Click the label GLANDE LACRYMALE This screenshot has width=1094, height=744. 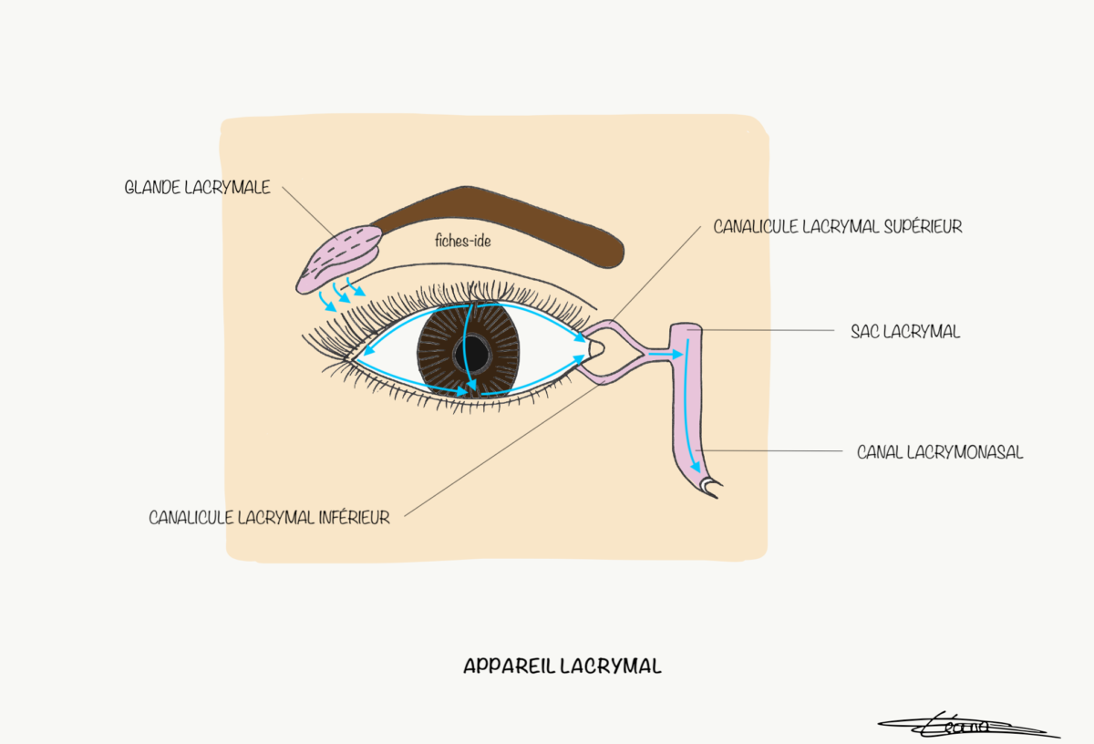click(197, 189)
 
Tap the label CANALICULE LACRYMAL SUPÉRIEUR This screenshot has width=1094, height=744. click(838, 226)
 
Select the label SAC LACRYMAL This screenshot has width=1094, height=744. click(904, 332)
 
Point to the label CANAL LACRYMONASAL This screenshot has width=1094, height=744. click(939, 451)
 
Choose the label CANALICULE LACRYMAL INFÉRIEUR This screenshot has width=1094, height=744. click(269, 518)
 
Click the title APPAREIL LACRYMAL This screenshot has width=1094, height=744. click(562, 666)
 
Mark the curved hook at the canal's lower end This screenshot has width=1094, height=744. click(710, 488)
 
